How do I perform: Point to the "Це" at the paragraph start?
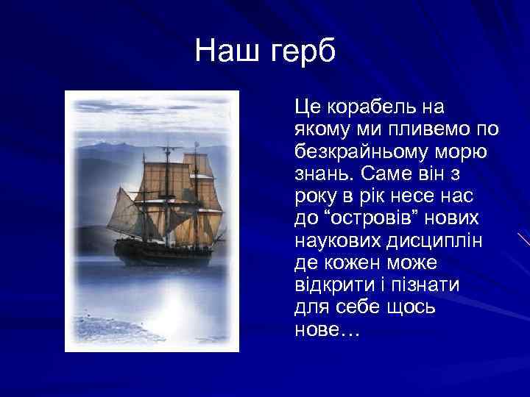[x=306, y=107]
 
